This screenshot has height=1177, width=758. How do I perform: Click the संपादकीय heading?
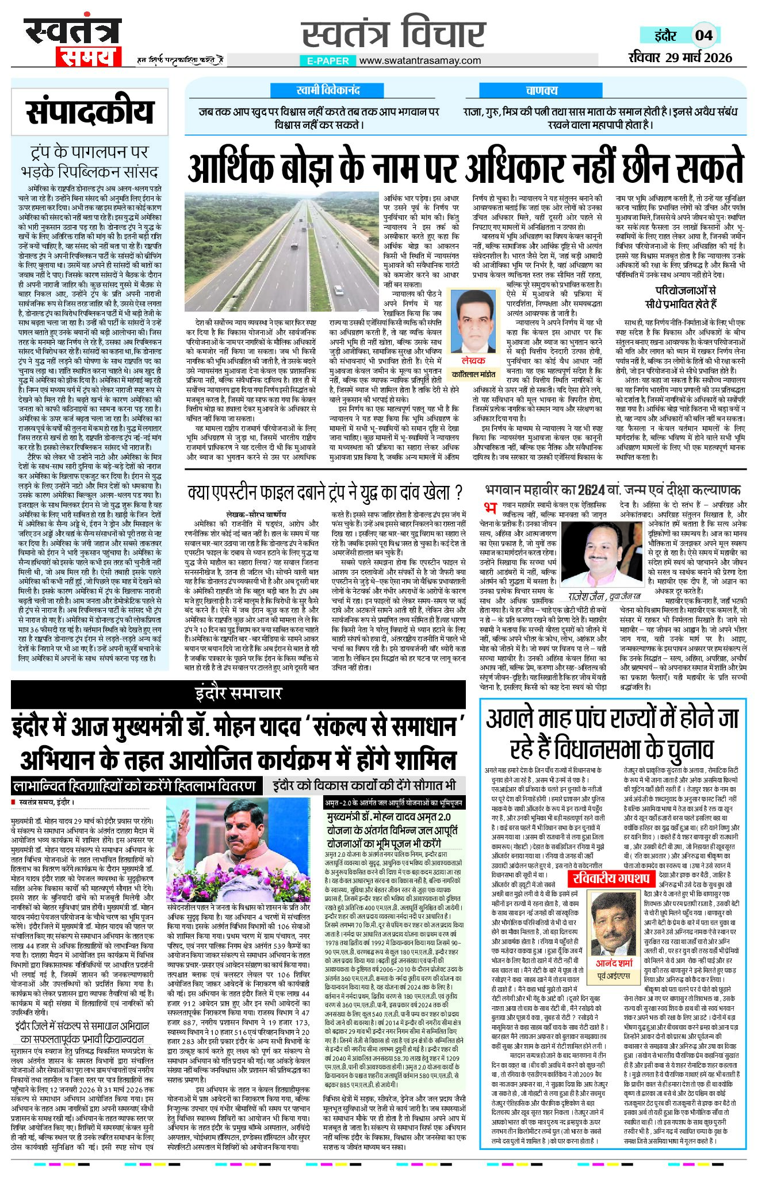coord(90,112)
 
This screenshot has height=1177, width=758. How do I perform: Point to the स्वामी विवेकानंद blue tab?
coord(328,90)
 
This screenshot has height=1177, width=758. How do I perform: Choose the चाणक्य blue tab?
coord(541,90)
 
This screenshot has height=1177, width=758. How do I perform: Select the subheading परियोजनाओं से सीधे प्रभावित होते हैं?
coord(680,297)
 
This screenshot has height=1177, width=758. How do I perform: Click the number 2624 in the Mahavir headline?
coord(591,490)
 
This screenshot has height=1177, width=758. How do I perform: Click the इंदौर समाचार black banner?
coord(238,694)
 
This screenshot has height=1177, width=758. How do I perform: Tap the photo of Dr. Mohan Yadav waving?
coord(243,847)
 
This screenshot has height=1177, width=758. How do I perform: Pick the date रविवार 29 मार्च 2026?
coord(680,57)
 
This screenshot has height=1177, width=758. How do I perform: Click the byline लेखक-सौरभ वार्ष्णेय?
coord(257,514)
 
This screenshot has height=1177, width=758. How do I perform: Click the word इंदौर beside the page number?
coord(665,36)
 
